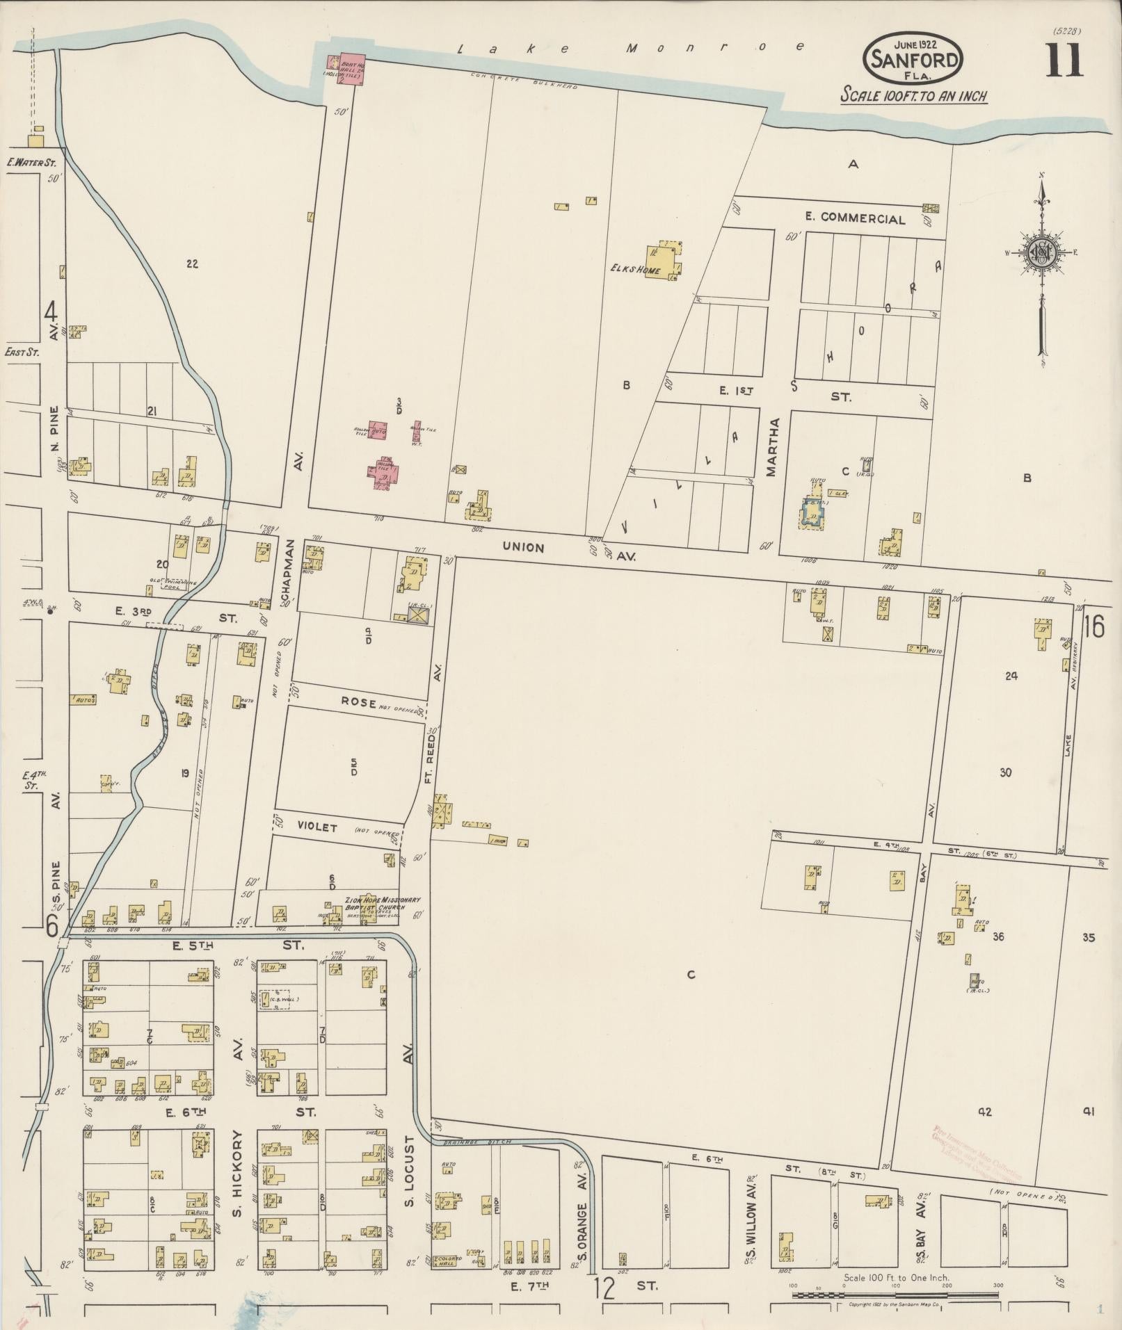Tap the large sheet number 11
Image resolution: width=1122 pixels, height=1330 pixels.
[x=1063, y=60]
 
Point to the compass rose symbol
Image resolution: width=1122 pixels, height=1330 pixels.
[x=1041, y=253]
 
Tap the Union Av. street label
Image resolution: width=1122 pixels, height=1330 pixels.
[x=523, y=548]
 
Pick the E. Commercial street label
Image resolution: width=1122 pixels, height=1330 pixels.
[x=855, y=218]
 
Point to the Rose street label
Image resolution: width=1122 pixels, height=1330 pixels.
[x=358, y=702]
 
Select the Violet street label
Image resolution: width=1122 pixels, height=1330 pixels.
[x=317, y=828]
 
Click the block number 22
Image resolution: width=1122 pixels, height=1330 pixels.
[x=193, y=263]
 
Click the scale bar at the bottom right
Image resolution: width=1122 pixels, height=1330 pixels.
[x=895, y=1295]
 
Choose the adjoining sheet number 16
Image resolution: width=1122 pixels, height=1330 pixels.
[x=1093, y=627]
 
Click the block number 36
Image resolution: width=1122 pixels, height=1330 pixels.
[x=998, y=936]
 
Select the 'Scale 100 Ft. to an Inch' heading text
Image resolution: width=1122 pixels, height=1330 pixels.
[x=914, y=95]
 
